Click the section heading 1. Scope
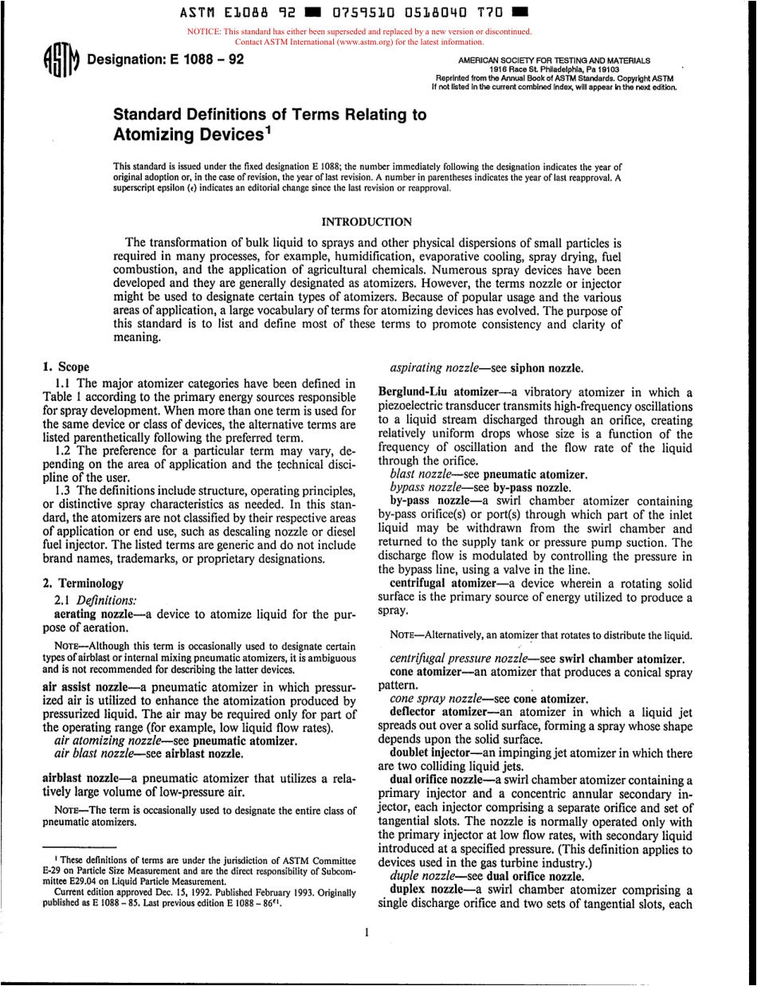65,368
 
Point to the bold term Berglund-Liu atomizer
431,392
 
